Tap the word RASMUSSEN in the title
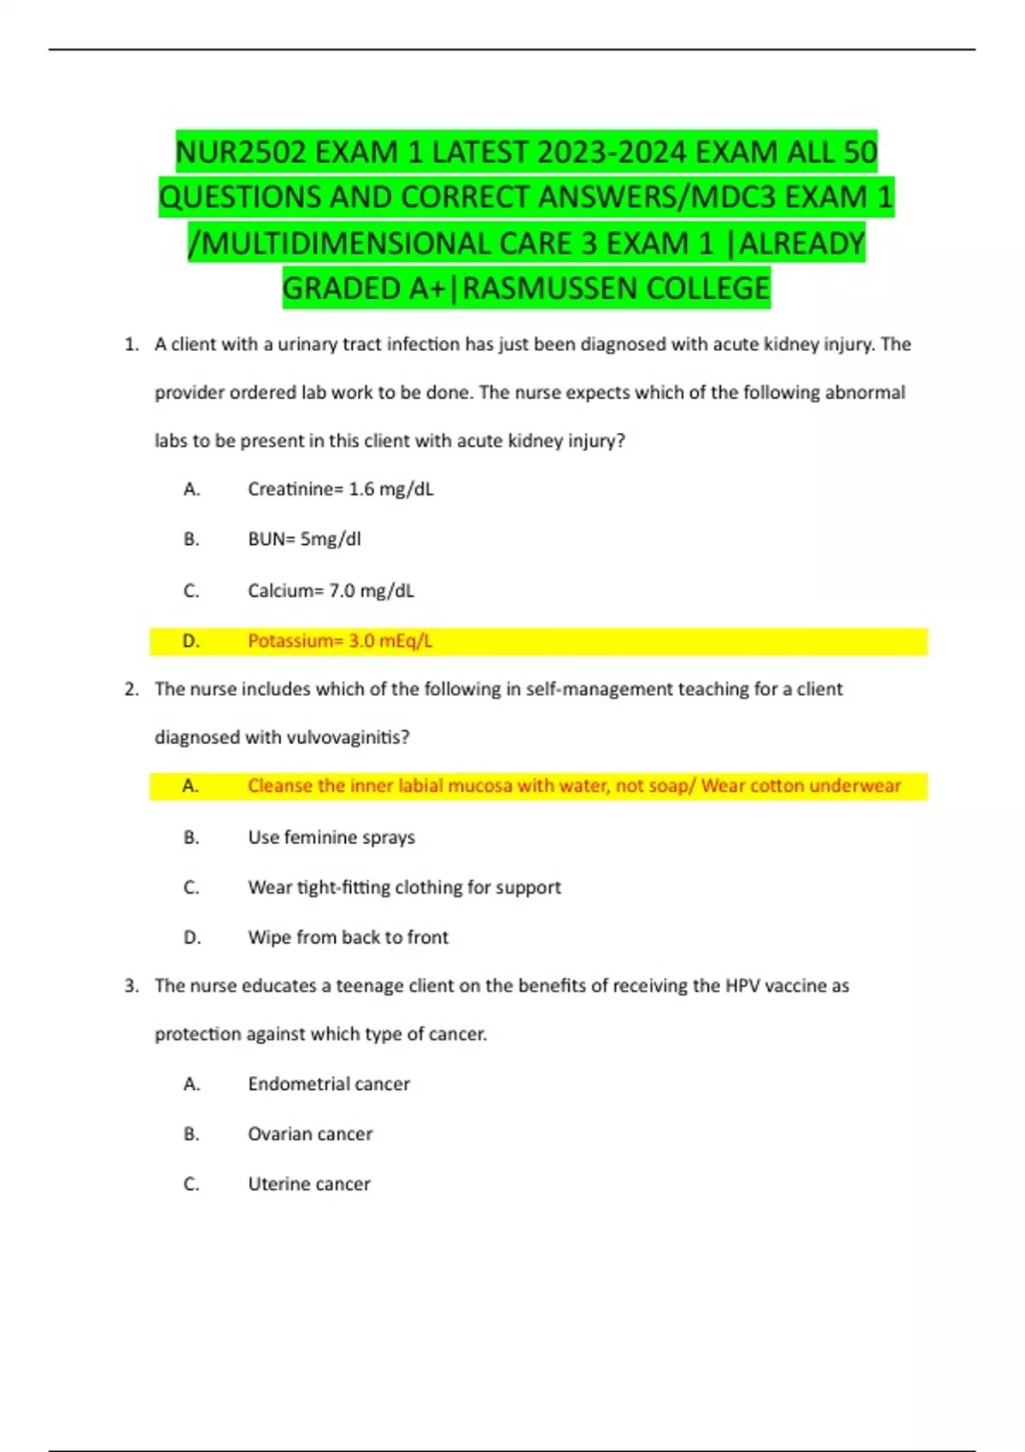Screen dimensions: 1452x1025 (547, 289)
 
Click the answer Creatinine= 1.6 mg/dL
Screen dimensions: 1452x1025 (340, 489)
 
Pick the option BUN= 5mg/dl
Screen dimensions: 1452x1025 (304, 540)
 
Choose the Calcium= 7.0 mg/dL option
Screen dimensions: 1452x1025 (331, 591)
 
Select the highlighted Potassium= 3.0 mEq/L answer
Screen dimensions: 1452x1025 (340, 641)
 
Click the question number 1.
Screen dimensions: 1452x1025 (131, 345)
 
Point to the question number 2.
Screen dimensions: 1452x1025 (131, 689)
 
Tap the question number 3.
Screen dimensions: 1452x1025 (131, 986)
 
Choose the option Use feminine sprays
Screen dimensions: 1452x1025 (331, 838)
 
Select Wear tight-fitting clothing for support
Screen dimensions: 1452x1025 (404, 887)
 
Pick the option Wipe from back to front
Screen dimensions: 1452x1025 (348, 938)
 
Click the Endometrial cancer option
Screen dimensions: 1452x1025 (329, 1084)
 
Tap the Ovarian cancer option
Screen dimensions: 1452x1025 (310, 1134)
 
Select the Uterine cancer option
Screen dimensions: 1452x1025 (309, 1185)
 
